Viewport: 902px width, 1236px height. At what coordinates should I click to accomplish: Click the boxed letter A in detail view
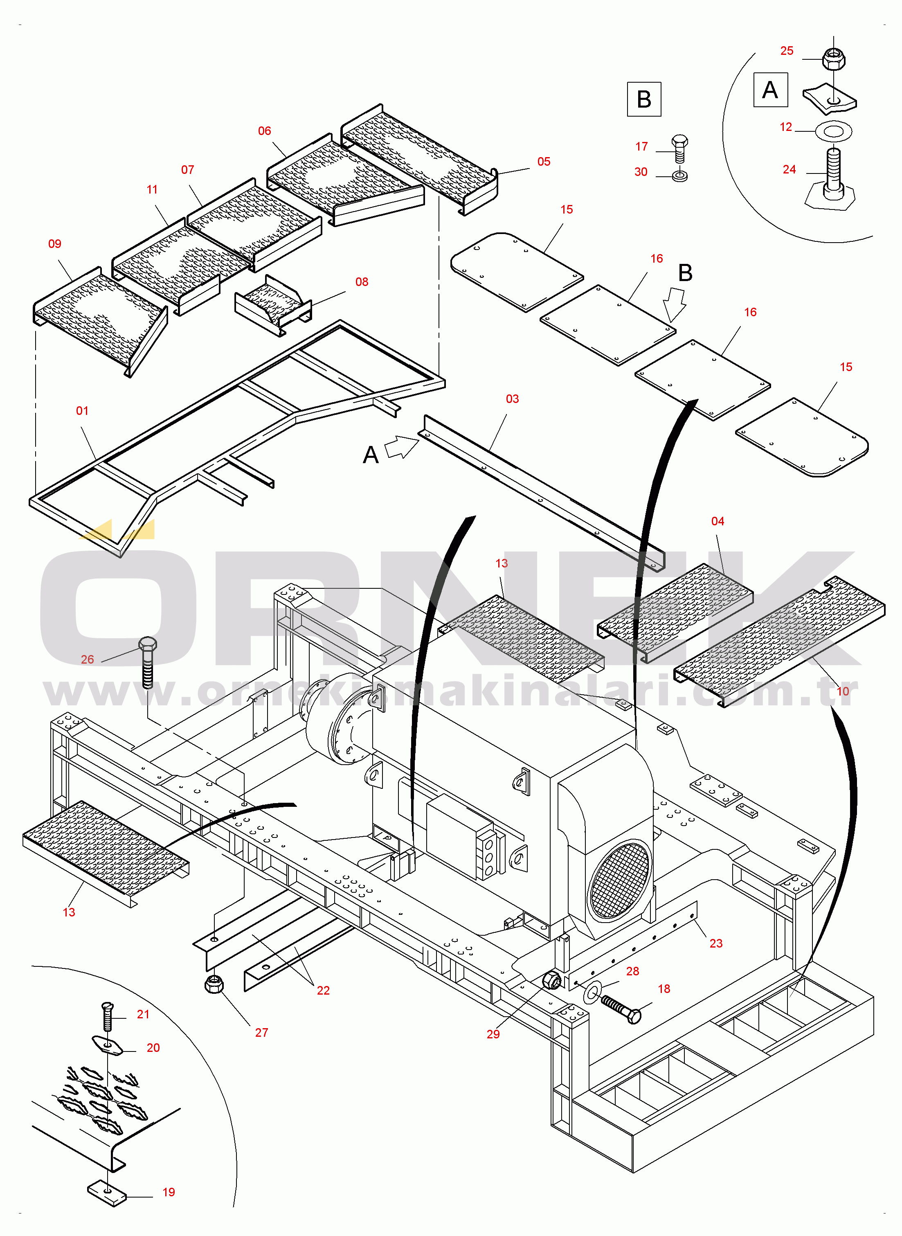[770, 90]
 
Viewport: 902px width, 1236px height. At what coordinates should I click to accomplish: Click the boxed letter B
[644, 99]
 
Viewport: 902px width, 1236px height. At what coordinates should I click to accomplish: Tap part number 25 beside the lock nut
[786, 51]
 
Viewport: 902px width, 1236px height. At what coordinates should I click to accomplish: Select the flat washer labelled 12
[833, 131]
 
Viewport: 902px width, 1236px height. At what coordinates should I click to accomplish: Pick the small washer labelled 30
[680, 176]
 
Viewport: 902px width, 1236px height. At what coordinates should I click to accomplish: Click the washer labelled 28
[592, 991]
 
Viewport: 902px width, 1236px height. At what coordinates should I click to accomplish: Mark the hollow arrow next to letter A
[401, 447]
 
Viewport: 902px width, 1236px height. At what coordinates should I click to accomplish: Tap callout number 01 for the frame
[82, 410]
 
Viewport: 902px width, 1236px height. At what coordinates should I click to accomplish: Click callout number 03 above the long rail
[512, 399]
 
